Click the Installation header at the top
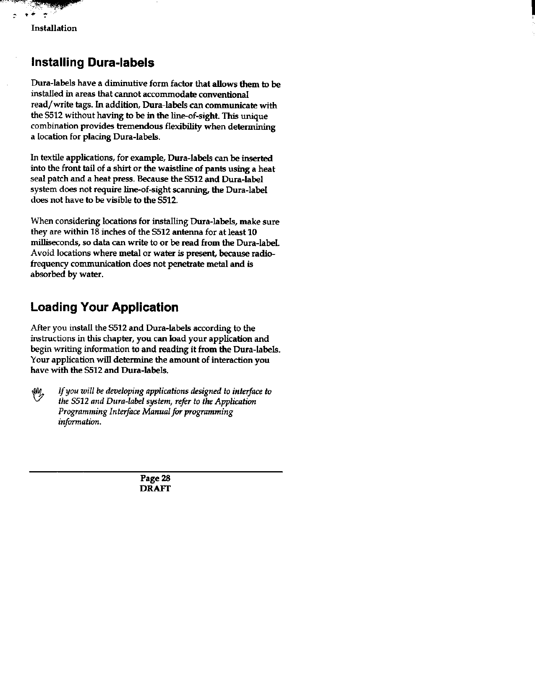click(x=54, y=29)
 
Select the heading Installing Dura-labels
click(x=93, y=63)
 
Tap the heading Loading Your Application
click(x=104, y=307)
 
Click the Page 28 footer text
click(x=155, y=478)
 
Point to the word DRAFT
click(x=155, y=489)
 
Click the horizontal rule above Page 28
click(x=156, y=472)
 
